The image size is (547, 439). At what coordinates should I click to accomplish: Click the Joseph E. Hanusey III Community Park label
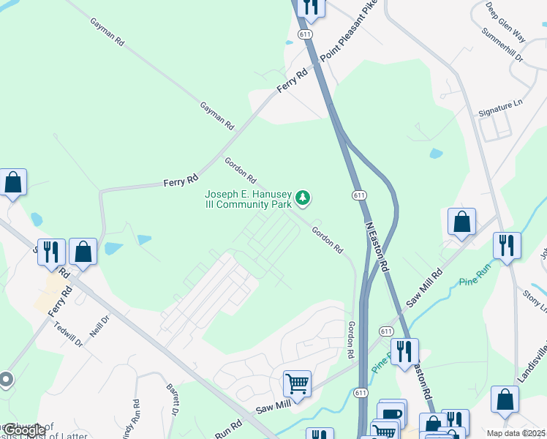(248, 199)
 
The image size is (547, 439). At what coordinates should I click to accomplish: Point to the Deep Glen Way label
(505, 22)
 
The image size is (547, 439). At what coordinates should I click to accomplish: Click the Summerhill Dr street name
(502, 45)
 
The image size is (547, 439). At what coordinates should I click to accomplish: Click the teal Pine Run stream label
(477, 280)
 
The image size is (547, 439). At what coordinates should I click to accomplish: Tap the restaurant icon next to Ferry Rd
(51, 252)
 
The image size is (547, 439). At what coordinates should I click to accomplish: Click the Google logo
(24, 430)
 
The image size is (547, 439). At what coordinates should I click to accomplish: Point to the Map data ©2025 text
(516, 433)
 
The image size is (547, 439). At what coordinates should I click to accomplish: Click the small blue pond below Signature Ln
(436, 154)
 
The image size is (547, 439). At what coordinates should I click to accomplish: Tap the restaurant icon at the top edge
(312, 7)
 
